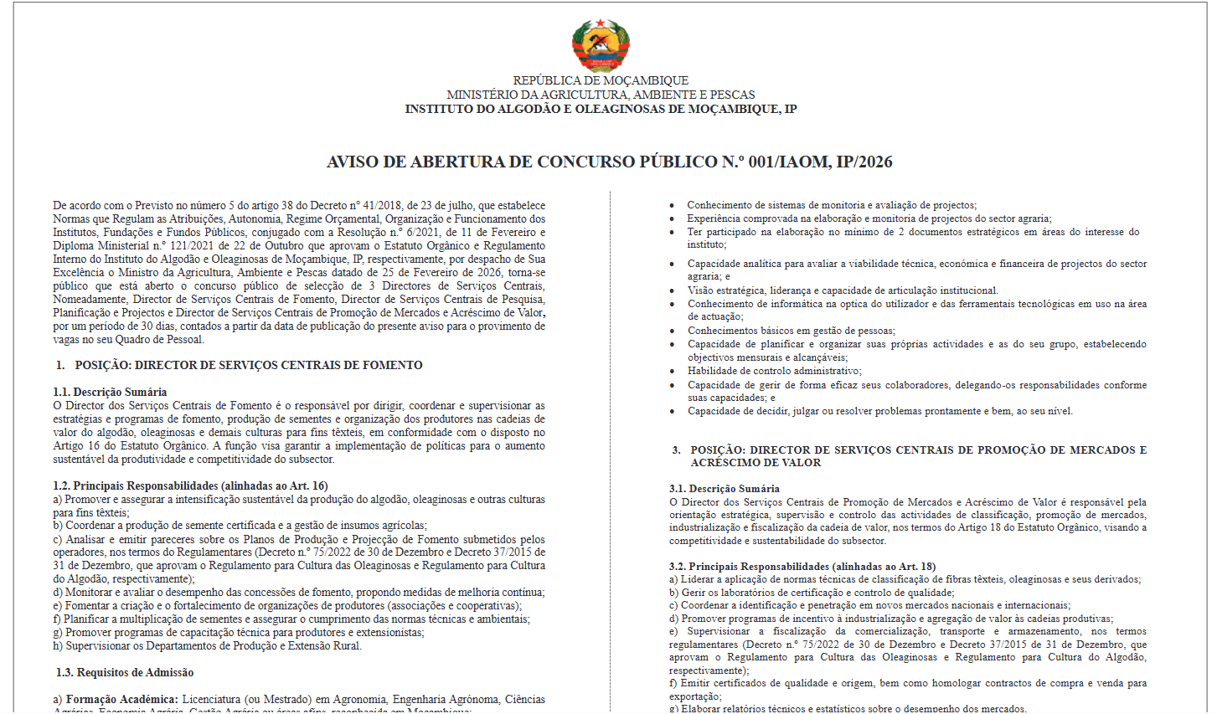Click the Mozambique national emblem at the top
(601, 45)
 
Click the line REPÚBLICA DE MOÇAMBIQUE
(601, 80)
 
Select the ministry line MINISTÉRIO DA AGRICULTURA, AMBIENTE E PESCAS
(601, 95)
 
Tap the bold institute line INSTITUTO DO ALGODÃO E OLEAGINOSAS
(601, 109)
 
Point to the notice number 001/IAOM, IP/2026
(820, 162)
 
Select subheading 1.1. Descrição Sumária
(110, 392)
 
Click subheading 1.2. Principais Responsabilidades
(190, 485)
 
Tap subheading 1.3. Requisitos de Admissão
(125, 672)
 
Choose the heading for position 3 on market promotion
(918, 456)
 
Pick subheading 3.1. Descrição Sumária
(724, 488)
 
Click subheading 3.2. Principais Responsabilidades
(802, 567)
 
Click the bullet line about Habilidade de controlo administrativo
(774, 371)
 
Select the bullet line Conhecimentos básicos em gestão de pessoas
(791, 331)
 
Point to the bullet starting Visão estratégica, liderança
(843, 290)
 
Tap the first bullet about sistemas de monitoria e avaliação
(831, 205)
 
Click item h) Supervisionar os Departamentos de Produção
(207, 645)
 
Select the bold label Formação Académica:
(121, 699)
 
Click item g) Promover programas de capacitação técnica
(238, 632)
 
